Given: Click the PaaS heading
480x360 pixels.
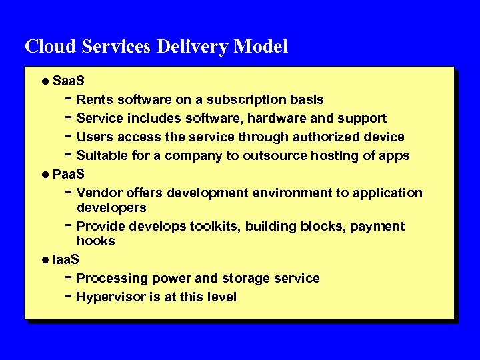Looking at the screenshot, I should pos(68,175).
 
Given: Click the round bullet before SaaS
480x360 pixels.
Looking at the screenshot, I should pos(44,81).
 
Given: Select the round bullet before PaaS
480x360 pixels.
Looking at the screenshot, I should pos(44,175).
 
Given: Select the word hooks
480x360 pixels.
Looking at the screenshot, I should pos(95,241).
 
